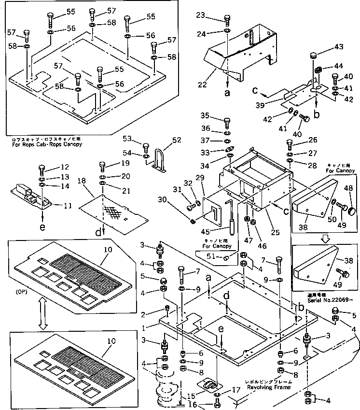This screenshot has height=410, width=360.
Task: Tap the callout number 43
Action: (x=339, y=47)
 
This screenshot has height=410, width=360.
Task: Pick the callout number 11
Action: (x=68, y=205)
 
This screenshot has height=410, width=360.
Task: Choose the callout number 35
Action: (x=204, y=116)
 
